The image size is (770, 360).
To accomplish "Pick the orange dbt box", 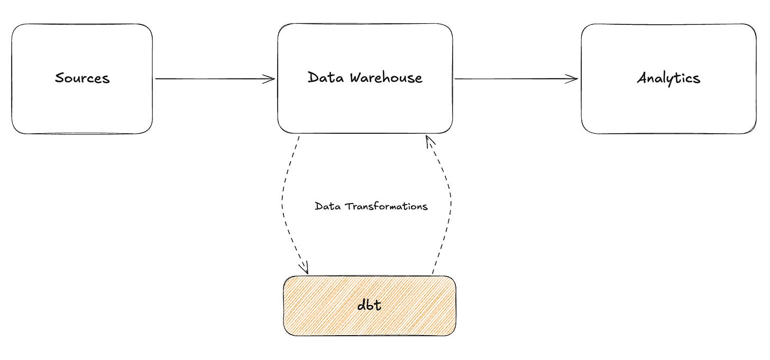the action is [370, 306].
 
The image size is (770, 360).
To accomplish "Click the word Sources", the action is [82, 78].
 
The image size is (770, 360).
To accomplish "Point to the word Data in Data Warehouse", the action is [326, 77].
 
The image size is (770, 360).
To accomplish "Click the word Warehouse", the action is [386, 78].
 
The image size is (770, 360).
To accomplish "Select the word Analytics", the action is [668, 79].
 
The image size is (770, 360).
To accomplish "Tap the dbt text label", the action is [369, 304].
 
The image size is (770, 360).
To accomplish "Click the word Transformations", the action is [387, 206].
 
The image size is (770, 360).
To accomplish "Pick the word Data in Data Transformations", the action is [327, 206].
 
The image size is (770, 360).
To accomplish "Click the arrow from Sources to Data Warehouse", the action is [215, 79].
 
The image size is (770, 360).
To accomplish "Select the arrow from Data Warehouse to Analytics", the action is [516, 79].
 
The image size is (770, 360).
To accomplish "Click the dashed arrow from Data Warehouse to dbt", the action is [282, 205].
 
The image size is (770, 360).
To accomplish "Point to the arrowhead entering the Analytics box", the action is [572, 79].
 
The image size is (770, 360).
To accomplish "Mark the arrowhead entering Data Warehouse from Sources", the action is [269, 79].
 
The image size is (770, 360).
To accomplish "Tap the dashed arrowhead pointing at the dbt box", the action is [304, 268].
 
